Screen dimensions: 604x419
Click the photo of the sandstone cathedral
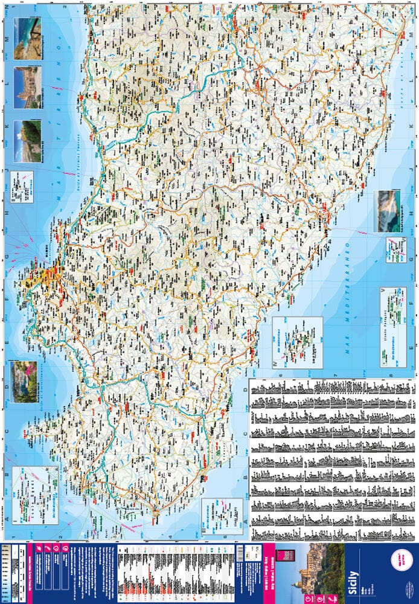click(28, 86)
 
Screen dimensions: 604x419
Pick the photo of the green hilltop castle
click(28, 140)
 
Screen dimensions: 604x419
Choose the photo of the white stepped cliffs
click(390, 211)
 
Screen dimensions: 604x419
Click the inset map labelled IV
click(297, 342)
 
